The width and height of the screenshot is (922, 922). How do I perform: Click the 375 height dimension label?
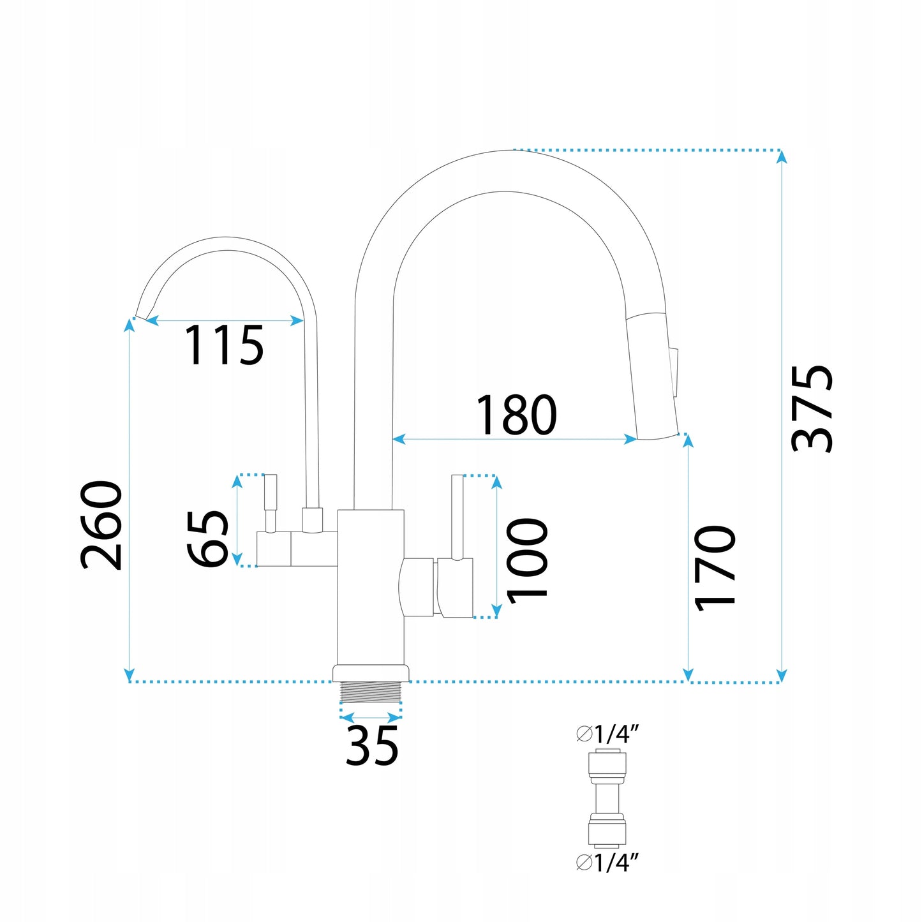[812, 408]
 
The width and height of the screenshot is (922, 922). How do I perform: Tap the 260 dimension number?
[101, 524]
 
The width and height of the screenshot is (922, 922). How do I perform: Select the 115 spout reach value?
[224, 346]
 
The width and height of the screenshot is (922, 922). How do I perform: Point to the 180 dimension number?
[516, 415]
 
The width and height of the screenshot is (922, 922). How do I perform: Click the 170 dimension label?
[715, 568]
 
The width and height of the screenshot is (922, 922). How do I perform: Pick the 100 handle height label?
[527, 560]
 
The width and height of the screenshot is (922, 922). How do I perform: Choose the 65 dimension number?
[208, 538]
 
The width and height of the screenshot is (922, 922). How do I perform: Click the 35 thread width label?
[372, 745]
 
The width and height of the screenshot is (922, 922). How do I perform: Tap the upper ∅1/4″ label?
[607, 734]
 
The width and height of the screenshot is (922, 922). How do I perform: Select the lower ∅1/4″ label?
[607, 863]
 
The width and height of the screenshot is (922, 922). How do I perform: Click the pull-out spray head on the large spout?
[651, 376]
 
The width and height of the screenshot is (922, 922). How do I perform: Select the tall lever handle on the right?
[457, 517]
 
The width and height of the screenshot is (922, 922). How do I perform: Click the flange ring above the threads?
[371, 673]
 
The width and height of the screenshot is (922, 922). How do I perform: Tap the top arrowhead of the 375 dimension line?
[782, 156]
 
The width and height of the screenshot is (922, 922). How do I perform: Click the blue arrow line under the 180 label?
[514, 439]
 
